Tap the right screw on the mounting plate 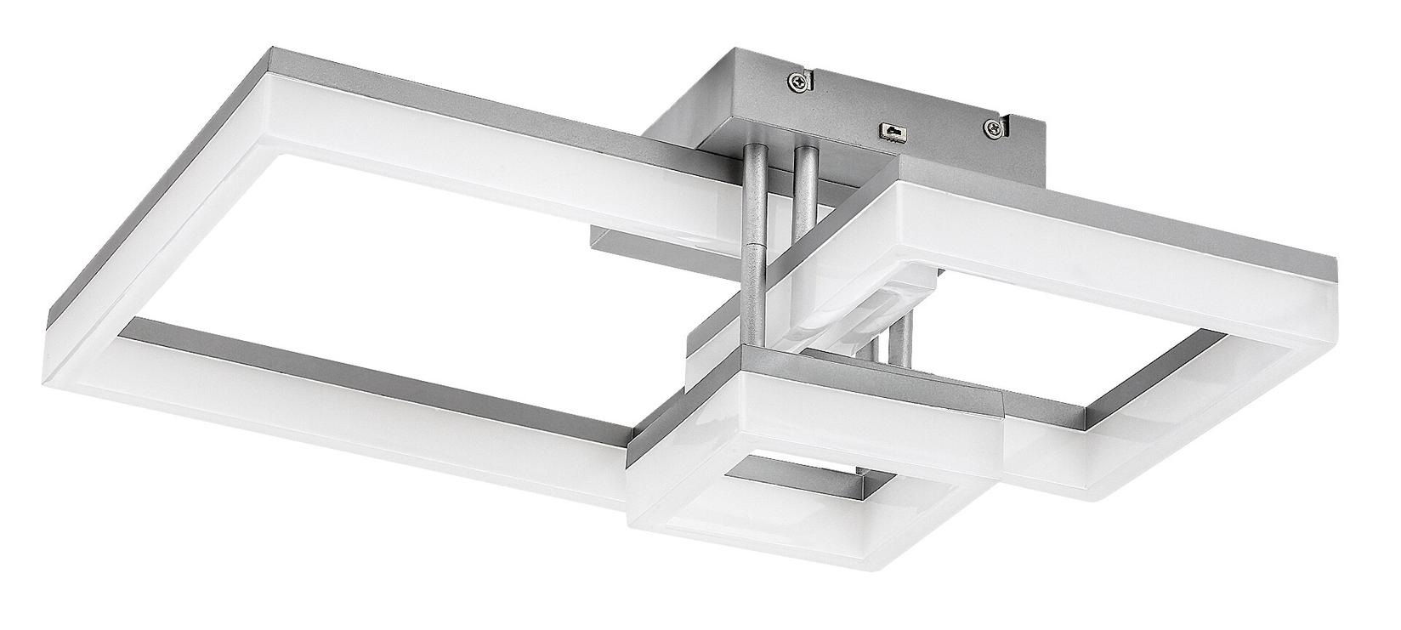[992, 128]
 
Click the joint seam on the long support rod [753, 244]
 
